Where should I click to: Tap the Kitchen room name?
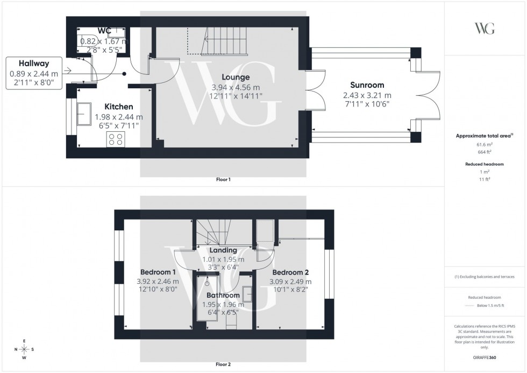(x=118, y=107)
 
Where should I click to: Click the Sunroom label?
(x=367, y=85)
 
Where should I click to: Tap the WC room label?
(x=104, y=30)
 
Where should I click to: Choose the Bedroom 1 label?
(x=158, y=272)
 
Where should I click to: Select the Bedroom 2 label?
(x=290, y=272)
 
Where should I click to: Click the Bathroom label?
(x=223, y=295)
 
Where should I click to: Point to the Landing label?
(x=223, y=250)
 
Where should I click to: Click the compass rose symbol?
(x=24, y=349)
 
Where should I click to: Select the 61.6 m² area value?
(x=485, y=145)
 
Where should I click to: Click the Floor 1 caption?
(x=223, y=179)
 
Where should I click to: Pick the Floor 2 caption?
(x=223, y=364)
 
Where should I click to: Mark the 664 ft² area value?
(x=485, y=152)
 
